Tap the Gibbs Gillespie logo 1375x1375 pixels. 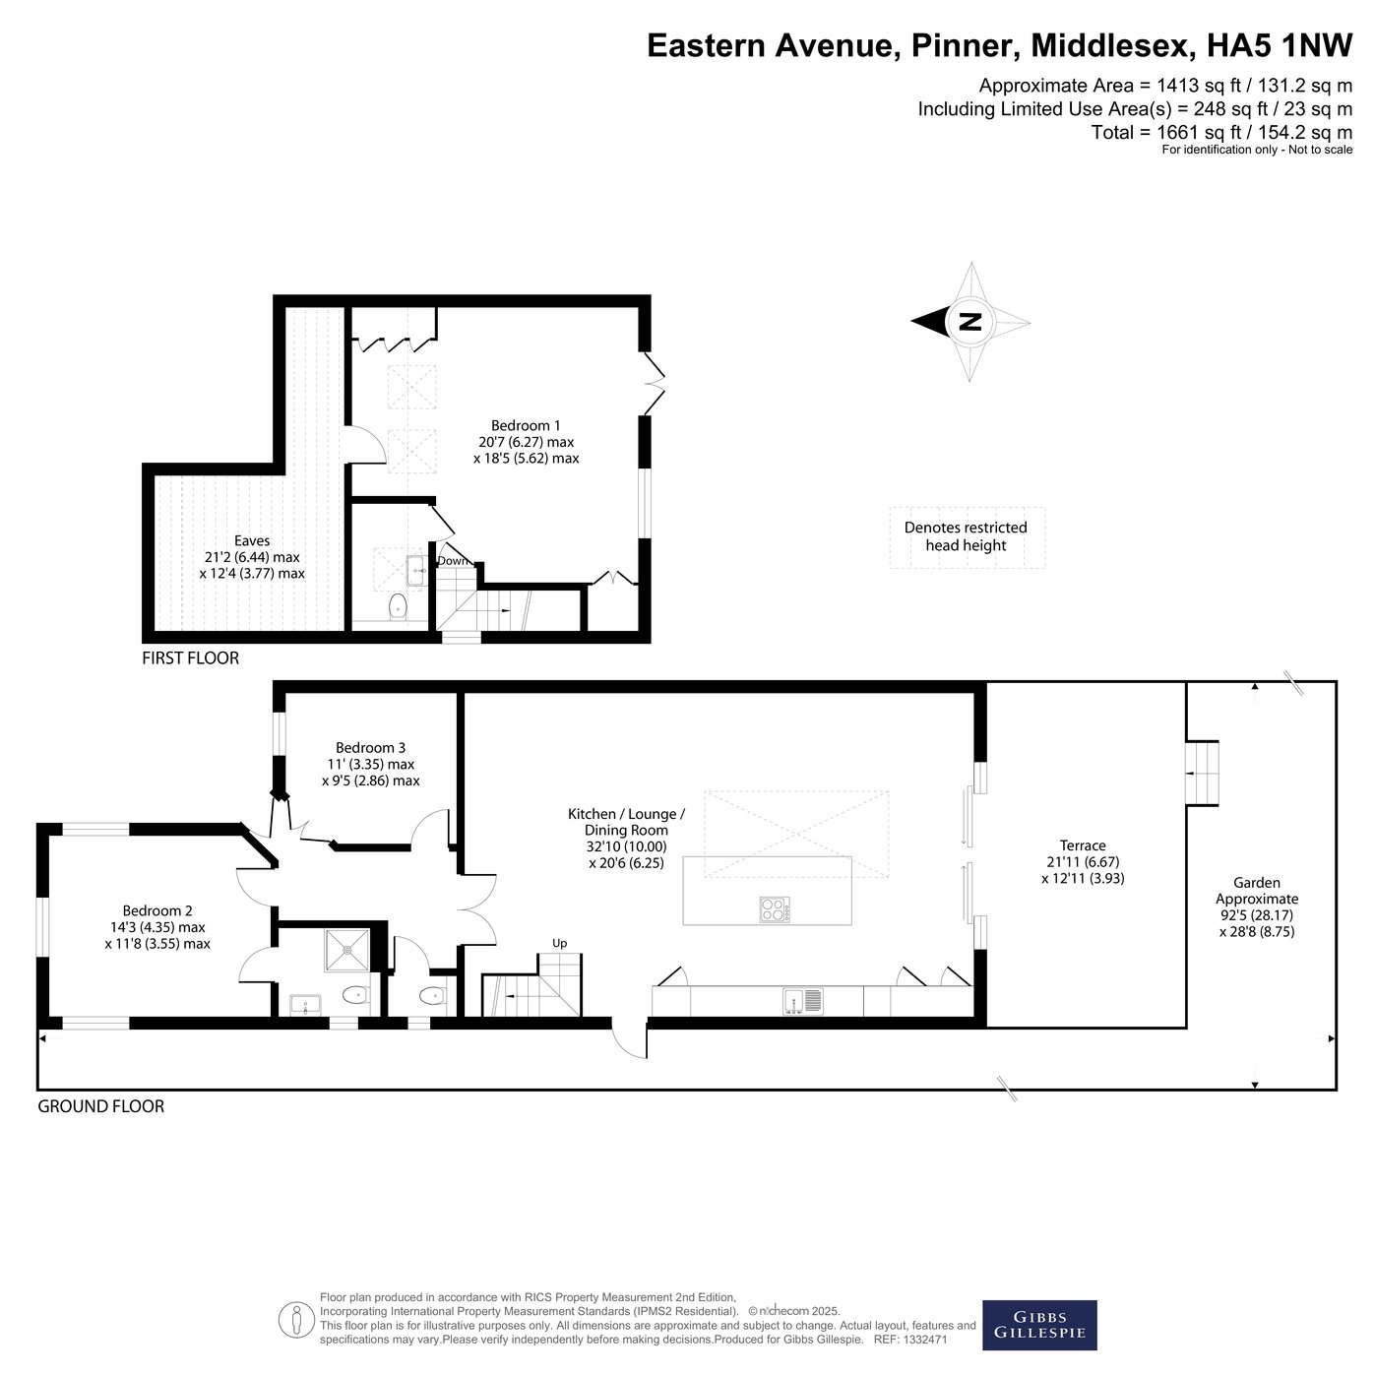tap(1039, 1325)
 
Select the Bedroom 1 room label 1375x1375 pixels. tap(526, 425)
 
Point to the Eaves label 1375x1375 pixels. tap(252, 541)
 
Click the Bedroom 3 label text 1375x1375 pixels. tap(370, 747)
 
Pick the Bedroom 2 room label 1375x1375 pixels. tap(156, 910)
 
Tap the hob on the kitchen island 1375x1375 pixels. tap(775, 909)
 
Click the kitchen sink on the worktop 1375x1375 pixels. tap(803, 1001)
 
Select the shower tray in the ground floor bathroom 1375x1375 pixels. tap(346, 950)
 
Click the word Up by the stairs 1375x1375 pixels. tap(559, 943)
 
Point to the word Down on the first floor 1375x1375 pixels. tap(453, 561)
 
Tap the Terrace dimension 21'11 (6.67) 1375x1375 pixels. tap(1083, 862)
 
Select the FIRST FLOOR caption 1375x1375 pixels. tap(191, 657)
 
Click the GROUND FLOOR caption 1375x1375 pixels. tap(100, 1106)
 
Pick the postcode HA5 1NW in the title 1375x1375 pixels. tap(1280, 45)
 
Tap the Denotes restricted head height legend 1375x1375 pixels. tap(966, 535)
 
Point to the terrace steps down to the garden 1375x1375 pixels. tap(1202, 774)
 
